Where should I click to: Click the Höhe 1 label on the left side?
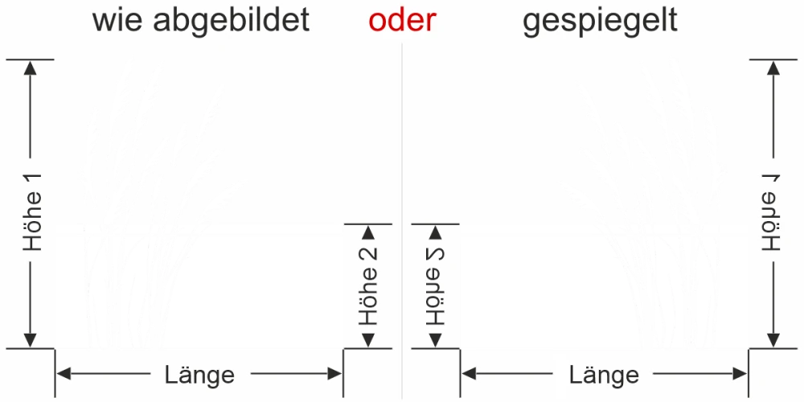(31, 211)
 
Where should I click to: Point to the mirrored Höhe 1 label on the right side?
(773, 211)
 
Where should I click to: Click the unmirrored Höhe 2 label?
(367, 285)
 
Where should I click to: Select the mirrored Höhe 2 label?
(435, 285)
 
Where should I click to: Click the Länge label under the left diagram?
(199, 374)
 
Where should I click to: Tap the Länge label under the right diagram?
(604, 374)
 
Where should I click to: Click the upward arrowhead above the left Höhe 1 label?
(31, 67)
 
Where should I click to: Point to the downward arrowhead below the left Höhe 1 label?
(31, 340)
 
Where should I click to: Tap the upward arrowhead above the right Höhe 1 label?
(773, 67)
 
